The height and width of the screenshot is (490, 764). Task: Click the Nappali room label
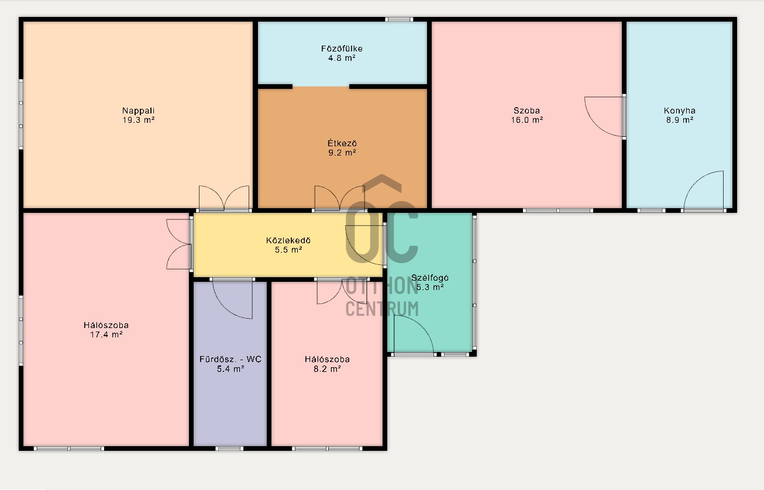138,111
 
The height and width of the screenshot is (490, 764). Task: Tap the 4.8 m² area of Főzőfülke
342,58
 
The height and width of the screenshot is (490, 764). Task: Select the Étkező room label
342,143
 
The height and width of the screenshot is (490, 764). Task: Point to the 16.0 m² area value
526,120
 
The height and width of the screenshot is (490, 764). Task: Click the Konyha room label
679,111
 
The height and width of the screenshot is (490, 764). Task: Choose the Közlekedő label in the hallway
288,240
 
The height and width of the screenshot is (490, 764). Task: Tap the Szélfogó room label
430,278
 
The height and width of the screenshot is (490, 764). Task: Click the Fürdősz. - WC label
230,359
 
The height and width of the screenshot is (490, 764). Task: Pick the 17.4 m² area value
106,334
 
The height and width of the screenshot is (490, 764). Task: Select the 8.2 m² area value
327,368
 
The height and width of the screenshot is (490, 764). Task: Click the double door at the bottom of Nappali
224,198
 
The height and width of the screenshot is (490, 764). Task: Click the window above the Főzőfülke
399,19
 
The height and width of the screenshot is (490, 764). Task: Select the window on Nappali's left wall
21,114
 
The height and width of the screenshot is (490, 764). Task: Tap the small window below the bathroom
229,448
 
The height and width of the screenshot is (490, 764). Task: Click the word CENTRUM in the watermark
382,309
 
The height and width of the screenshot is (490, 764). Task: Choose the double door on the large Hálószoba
178,244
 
